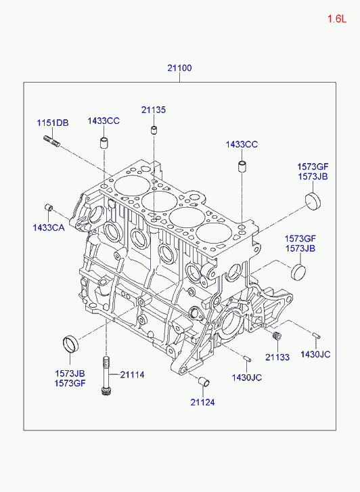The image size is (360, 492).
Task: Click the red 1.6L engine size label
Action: pyautogui.click(x=337, y=19)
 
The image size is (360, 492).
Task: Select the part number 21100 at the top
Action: pyautogui.click(x=179, y=68)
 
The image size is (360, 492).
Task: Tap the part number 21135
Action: pyautogui.click(x=154, y=110)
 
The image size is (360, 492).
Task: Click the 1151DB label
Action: pyautogui.click(x=53, y=122)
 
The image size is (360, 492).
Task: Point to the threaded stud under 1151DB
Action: pyautogui.click(x=51, y=141)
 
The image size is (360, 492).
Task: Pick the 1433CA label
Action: pyautogui.click(x=49, y=227)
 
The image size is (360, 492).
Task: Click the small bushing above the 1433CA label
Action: pyautogui.click(x=49, y=207)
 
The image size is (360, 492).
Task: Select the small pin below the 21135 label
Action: pyautogui.click(x=154, y=129)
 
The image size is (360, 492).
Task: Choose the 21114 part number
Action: pyautogui.click(x=132, y=374)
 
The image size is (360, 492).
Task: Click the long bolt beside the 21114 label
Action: pyautogui.click(x=106, y=376)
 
